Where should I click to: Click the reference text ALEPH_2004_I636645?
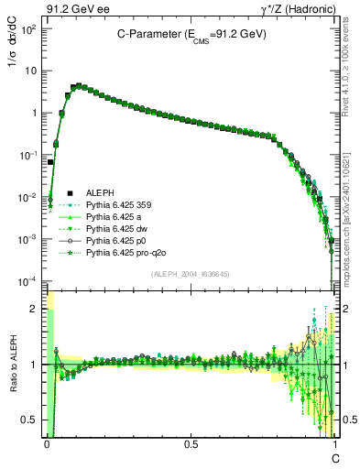coord(191,273)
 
